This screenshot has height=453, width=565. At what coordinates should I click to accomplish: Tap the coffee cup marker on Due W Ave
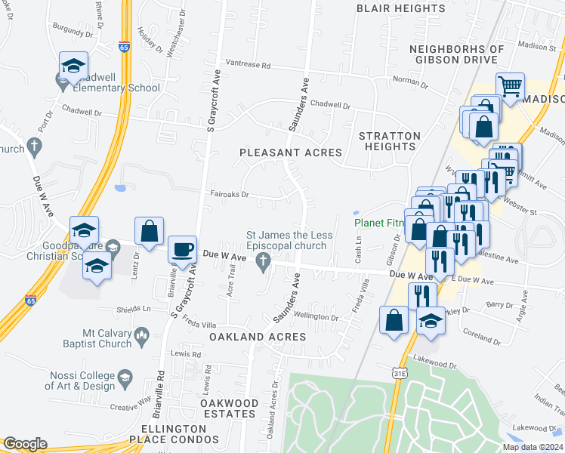point(181,249)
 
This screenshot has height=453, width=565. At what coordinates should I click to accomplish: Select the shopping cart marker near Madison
point(511,86)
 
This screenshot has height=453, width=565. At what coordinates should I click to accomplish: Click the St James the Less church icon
point(264,262)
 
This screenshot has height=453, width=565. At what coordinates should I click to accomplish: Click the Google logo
point(25,444)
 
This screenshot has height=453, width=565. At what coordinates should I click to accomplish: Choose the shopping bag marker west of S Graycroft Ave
point(150,231)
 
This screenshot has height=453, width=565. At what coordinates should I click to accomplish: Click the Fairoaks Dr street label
point(230,193)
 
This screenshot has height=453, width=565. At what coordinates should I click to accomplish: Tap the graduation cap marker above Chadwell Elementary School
point(73,65)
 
